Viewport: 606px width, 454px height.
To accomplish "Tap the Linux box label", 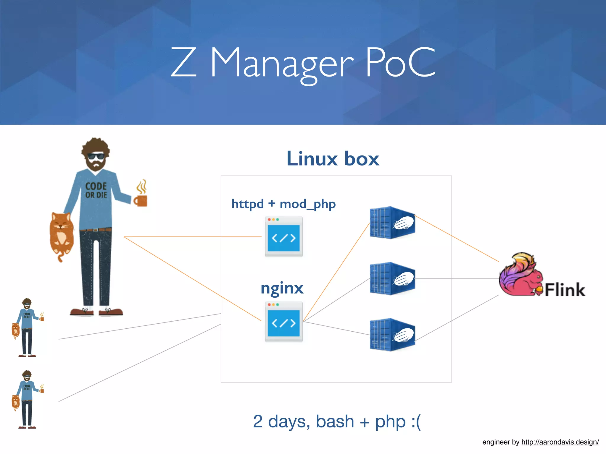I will (333, 159).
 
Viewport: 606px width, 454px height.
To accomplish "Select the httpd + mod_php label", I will (283, 204).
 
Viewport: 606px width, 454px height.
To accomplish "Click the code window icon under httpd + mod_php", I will (283, 236).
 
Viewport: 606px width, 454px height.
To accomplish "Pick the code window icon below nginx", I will (283, 322).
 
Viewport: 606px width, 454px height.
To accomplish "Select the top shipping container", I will (392, 223).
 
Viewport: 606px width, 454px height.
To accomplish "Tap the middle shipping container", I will (392, 278).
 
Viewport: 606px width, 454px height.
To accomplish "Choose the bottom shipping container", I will (392, 335).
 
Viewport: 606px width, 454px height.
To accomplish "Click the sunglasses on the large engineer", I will (96, 156).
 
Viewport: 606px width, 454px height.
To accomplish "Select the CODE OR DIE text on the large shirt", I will (96, 190).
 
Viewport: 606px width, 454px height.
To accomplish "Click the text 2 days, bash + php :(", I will (337, 421).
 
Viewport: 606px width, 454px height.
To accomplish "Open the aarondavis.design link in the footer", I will (560, 442).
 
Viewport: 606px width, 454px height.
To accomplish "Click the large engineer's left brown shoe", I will (82, 312).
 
